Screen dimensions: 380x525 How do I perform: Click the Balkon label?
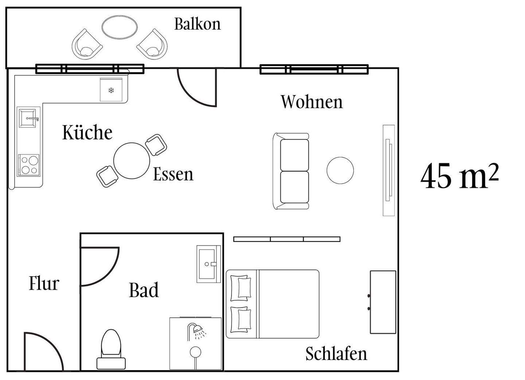(x=197, y=24)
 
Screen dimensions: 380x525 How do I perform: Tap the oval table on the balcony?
(x=120, y=27)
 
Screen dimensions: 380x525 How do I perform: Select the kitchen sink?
(x=28, y=118)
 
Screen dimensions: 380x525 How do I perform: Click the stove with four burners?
(x=29, y=165)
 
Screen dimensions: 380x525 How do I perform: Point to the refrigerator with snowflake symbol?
(x=111, y=90)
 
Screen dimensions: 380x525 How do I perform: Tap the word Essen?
(x=173, y=174)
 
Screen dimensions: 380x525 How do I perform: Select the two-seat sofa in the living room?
(x=291, y=171)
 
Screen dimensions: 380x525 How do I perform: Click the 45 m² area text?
(x=459, y=176)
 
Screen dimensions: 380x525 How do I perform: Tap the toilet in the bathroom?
(x=111, y=349)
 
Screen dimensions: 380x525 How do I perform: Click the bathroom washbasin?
(x=209, y=264)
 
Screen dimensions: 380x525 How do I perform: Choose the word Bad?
(x=144, y=290)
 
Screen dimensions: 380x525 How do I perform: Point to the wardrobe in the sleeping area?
(x=383, y=302)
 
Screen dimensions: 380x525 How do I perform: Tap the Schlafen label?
(x=336, y=353)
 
